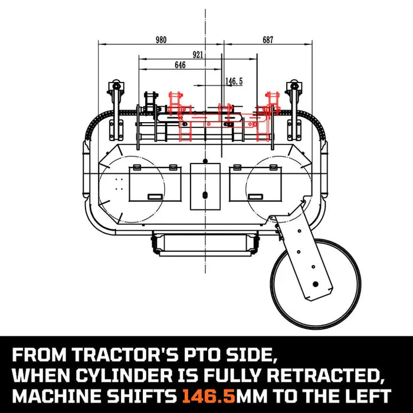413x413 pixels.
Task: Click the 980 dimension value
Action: [x=160, y=40]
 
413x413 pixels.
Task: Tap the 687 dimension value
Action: [x=268, y=40]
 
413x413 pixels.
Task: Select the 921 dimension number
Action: [x=198, y=55]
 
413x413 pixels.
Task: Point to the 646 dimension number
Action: [x=180, y=65]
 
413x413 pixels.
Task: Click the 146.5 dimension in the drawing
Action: [x=234, y=81]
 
